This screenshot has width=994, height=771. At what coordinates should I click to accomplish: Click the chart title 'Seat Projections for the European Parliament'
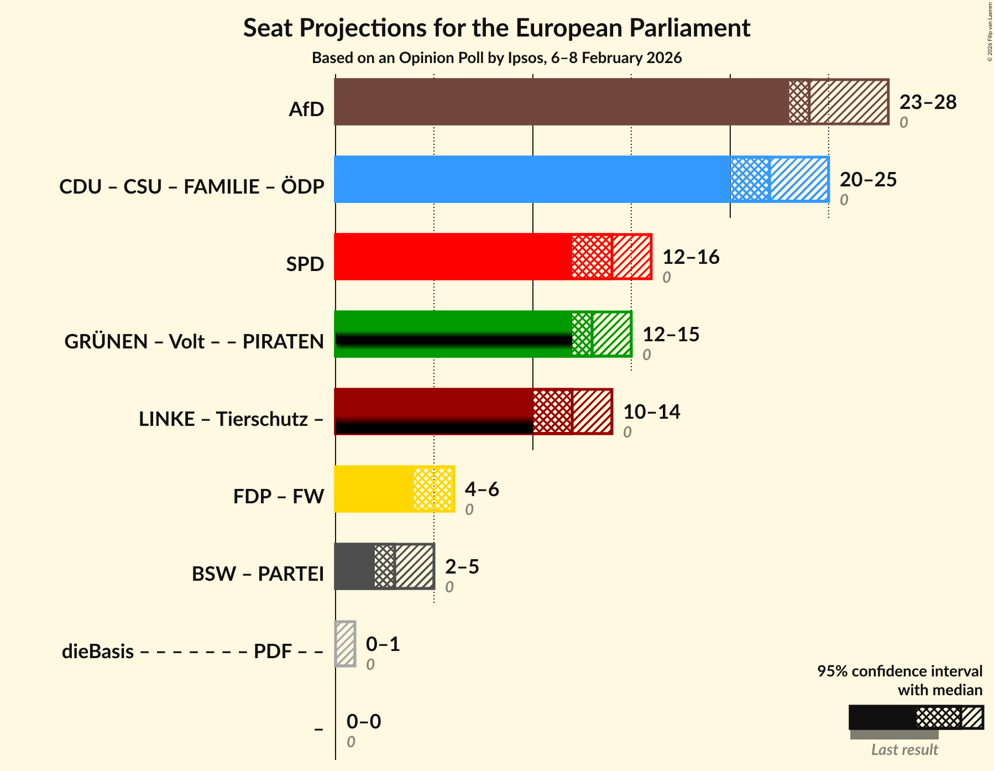(496, 28)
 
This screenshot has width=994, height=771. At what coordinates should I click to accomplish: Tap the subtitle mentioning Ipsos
(496, 58)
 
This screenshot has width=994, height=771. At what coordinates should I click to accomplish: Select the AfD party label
(306, 110)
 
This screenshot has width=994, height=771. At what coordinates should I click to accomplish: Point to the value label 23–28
(928, 102)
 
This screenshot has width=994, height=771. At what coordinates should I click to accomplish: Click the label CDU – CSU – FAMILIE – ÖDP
(191, 187)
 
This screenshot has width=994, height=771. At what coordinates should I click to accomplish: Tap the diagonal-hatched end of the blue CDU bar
(799, 179)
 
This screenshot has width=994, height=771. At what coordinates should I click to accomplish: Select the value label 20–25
(868, 180)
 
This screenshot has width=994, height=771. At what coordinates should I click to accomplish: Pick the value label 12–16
(690, 257)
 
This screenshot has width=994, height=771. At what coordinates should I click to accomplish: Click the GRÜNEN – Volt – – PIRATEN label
(194, 342)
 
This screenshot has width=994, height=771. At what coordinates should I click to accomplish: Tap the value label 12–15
(671, 335)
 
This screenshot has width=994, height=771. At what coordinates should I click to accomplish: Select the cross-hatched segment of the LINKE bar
(552, 411)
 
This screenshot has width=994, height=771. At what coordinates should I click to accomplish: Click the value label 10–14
(651, 412)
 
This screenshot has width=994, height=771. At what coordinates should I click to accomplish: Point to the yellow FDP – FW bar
(374, 489)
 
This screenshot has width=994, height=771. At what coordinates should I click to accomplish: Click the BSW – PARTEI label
(258, 574)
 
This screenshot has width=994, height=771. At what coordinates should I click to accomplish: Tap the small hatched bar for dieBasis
(346, 644)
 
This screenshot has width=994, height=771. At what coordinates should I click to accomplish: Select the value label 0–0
(363, 722)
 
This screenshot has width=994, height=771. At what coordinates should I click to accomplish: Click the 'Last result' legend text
(904, 750)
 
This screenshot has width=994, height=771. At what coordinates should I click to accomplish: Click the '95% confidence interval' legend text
(899, 671)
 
